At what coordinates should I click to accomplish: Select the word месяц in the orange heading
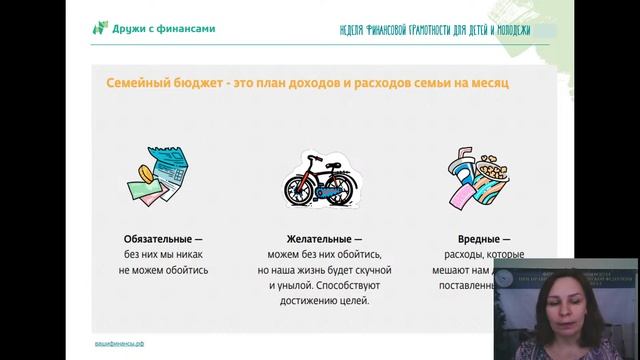[485, 84]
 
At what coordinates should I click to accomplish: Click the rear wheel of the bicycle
[297, 190]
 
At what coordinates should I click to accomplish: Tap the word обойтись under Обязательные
[184, 270]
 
